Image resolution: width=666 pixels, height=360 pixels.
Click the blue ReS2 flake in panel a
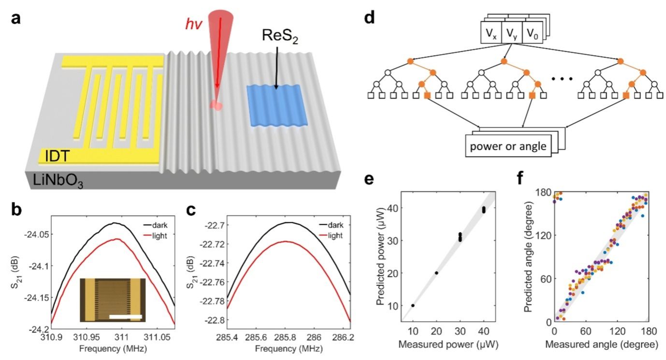[274, 105]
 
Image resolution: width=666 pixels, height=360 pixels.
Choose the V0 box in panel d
[532, 35]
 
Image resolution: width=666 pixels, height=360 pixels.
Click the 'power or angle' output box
[509, 145]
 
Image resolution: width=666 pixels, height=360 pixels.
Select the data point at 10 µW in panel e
[413, 305]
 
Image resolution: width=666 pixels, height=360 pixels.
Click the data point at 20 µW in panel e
[436, 273]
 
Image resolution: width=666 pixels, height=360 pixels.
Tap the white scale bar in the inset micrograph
[125, 317]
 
